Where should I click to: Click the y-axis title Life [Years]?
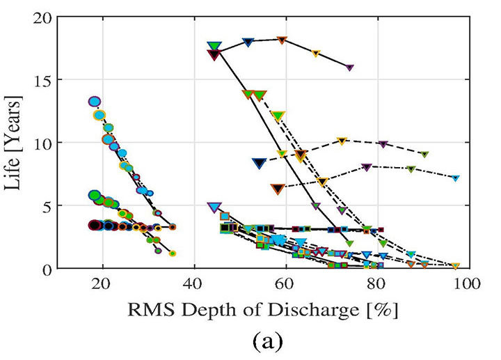coord(16,143)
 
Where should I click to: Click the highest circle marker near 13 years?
coord(95,102)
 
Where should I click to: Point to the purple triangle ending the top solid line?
coord(349,68)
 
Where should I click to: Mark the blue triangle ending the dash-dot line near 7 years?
coord(456,178)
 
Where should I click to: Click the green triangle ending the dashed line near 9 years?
coord(424,155)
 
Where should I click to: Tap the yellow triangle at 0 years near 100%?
coord(456,266)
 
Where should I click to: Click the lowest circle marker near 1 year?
coord(173,253)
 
